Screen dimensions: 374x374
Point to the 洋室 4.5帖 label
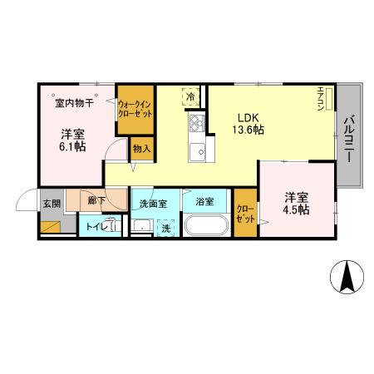tap(297, 203)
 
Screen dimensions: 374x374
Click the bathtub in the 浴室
tap(207, 226)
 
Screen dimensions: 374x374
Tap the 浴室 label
tap(205, 202)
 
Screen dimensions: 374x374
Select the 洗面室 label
tap(153, 203)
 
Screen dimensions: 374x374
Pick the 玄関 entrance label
tap(51, 203)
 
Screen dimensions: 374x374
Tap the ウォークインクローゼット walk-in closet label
tap(134, 109)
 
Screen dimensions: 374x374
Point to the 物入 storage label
tap(141, 149)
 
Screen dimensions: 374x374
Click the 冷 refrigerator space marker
tap(190, 96)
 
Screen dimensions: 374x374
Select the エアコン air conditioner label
tap(321, 98)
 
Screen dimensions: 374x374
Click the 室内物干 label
tap(74, 103)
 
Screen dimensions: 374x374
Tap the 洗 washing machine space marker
tap(165, 227)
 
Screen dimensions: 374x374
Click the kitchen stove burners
tap(197, 124)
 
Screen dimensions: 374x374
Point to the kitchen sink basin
tap(198, 152)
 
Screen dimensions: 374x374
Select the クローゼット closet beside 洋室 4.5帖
tap(245, 214)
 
